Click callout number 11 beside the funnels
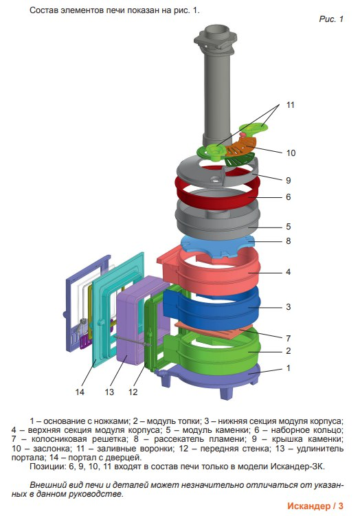pos(290,105)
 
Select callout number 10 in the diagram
pos(291,153)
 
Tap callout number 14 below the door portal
pos(80,392)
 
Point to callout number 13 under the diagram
pos(109,392)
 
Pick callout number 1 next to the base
pos(289,368)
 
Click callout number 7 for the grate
pos(289,338)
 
